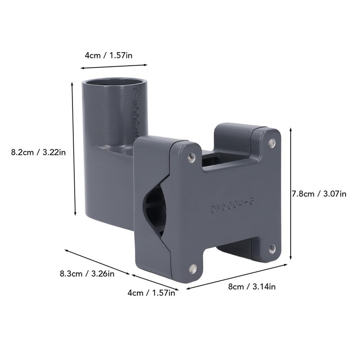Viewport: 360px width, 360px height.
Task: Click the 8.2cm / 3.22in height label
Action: click(x=38, y=153)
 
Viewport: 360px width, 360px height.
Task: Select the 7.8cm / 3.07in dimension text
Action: click(x=319, y=194)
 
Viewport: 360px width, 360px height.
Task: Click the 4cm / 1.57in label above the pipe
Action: click(x=108, y=55)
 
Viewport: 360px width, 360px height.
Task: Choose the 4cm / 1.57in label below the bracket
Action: click(x=151, y=293)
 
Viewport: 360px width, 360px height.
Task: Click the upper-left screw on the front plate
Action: click(x=191, y=156)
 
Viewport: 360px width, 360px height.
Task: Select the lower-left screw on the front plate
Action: click(x=193, y=269)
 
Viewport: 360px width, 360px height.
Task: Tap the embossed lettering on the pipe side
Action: click(x=137, y=108)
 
